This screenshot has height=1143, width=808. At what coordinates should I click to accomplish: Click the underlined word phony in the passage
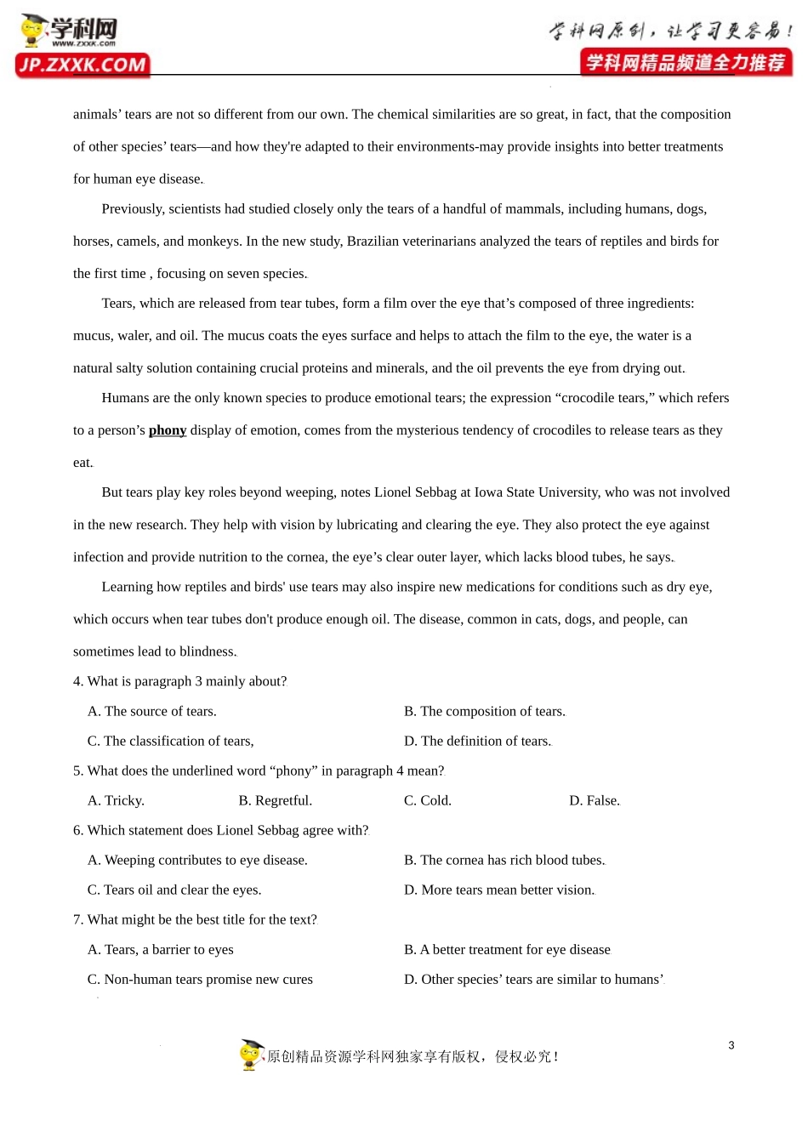pyautogui.click(x=168, y=430)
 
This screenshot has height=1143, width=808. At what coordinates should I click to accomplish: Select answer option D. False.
pyautogui.click(x=594, y=800)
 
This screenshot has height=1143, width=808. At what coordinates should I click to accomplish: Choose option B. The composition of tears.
pyautogui.click(x=484, y=711)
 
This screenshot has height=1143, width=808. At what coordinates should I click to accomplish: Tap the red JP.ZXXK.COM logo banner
pyautogui.click(x=83, y=65)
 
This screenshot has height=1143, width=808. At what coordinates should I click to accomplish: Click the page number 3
pyautogui.click(x=731, y=1045)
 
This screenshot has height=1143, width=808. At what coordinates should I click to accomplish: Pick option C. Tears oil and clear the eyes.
pyautogui.click(x=174, y=890)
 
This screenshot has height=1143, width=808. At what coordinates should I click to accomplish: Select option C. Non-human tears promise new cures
pyautogui.click(x=200, y=979)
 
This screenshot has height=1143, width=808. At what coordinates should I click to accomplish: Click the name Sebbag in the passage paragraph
pyautogui.click(x=435, y=492)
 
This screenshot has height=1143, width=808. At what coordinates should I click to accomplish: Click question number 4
pyautogui.click(x=78, y=681)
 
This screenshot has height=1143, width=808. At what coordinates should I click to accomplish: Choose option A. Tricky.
pyautogui.click(x=116, y=800)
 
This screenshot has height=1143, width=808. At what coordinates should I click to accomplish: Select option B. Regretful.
pyautogui.click(x=275, y=800)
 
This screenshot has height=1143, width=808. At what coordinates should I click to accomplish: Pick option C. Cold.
pyautogui.click(x=427, y=800)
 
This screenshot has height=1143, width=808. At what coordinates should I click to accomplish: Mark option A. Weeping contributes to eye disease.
pyautogui.click(x=197, y=860)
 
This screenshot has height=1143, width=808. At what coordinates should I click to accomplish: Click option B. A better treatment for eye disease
pyautogui.click(x=507, y=949)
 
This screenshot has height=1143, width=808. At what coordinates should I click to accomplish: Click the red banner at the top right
pyautogui.click(x=686, y=63)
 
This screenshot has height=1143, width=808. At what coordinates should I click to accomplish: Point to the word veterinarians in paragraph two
pyautogui.click(x=466, y=242)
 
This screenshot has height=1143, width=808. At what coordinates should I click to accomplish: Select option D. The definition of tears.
pyautogui.click(x=477, y=741)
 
